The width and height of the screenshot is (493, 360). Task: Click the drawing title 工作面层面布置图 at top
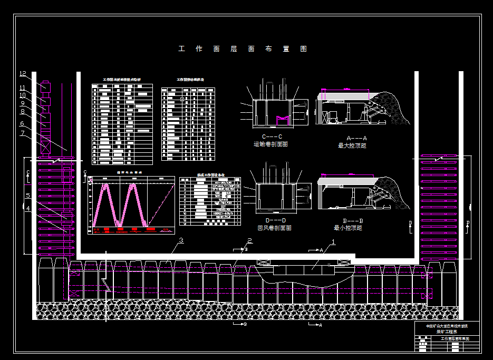[x=243, y=49]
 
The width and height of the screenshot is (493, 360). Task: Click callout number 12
[x=23, y=74]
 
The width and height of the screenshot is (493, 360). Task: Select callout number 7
[x=23, y=133]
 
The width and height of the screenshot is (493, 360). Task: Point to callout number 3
[x=181, y=241]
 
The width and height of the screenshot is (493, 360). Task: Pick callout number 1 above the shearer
[x=332, y=243]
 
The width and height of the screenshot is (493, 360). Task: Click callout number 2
[x=249, y=241]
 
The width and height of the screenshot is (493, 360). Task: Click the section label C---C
[x=272, y=137]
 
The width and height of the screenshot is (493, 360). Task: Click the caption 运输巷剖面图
[x=270, y=144]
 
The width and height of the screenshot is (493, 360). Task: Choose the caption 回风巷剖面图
[x=274, y=228]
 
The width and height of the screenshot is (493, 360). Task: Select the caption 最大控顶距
[x=352, y=145]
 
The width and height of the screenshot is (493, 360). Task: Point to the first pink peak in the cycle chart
[x=105, y=187]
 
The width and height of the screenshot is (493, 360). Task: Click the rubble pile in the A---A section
[x=393, y=108]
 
